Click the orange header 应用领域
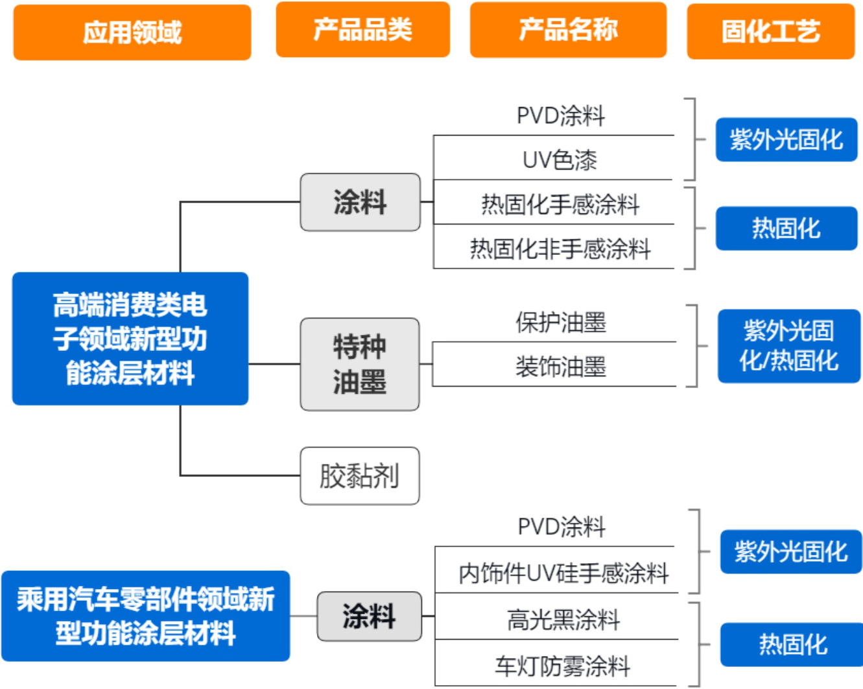(x=132, y=32)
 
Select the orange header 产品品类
(x=362, y=30)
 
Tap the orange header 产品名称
(x=568, y=30)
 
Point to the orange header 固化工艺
(x=770, y=31)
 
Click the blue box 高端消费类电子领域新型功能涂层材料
(x=130, y=339)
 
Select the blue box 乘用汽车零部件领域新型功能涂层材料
(x=145, y=616)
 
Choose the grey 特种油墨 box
(x=360, y=364)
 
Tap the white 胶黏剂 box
(x=360, y=476)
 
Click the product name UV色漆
(x=560, y=160)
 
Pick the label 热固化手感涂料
(x=560, y=204)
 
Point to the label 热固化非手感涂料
(x=560, y=248)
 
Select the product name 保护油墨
(x=560, y=322)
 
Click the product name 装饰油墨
(x=560, y=367)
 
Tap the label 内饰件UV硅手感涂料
(x=563, y=573)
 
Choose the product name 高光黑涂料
(x=563, y=620)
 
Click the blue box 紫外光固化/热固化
(x=788, y=346)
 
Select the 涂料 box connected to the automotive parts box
(x=369, y=616)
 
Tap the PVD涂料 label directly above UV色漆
(x=560, y=116)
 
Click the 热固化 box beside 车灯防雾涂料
(x=792, y=644)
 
